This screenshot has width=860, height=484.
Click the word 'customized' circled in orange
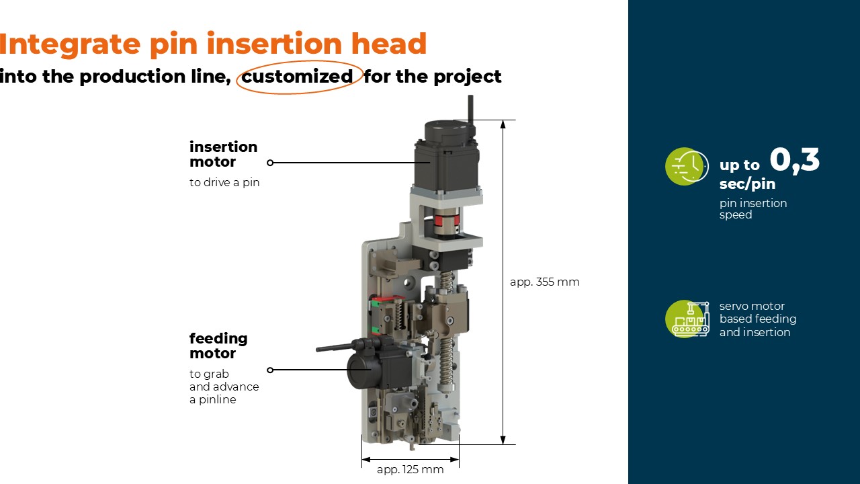click(x=297, y=77)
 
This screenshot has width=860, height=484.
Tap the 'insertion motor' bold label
click(x=224, y=154)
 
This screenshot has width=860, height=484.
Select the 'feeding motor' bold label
click(x=218, y=346)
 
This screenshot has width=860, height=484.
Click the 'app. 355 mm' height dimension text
click(x=544, y=282)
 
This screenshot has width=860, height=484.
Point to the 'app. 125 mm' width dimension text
click(x=410, y=469)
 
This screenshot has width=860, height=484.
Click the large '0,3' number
click(x=795, y=160)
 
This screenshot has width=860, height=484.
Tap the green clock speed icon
click(x=687, y=166)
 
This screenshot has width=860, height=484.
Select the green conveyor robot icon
click(x=687, y=319)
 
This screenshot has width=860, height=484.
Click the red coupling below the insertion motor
click(x=446, y=221)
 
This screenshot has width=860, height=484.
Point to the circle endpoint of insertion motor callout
click(x=270, y=163)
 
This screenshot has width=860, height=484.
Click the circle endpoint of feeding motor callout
click(x=270, y=370)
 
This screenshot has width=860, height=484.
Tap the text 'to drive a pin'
click(x=224, y=182)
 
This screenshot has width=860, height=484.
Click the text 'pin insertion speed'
click(x=753, y=208)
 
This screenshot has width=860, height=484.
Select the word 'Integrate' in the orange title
click(x=69, y=44)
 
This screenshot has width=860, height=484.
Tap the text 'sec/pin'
click(x=747, y=184)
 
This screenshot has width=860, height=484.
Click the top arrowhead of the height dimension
click(x=503, y=124)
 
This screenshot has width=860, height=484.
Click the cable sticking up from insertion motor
click(x=471, y=110)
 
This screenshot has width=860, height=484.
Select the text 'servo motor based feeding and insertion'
click(x=757, y=319)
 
